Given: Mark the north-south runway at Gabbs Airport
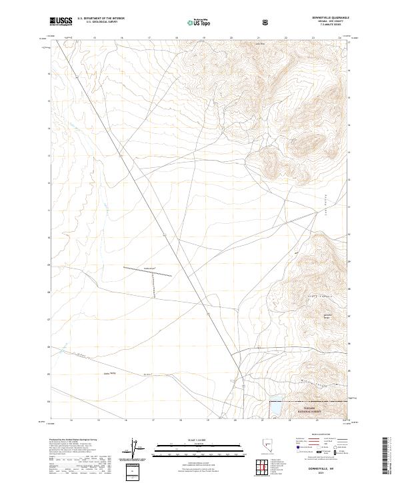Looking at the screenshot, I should click(x=153, y=288).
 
